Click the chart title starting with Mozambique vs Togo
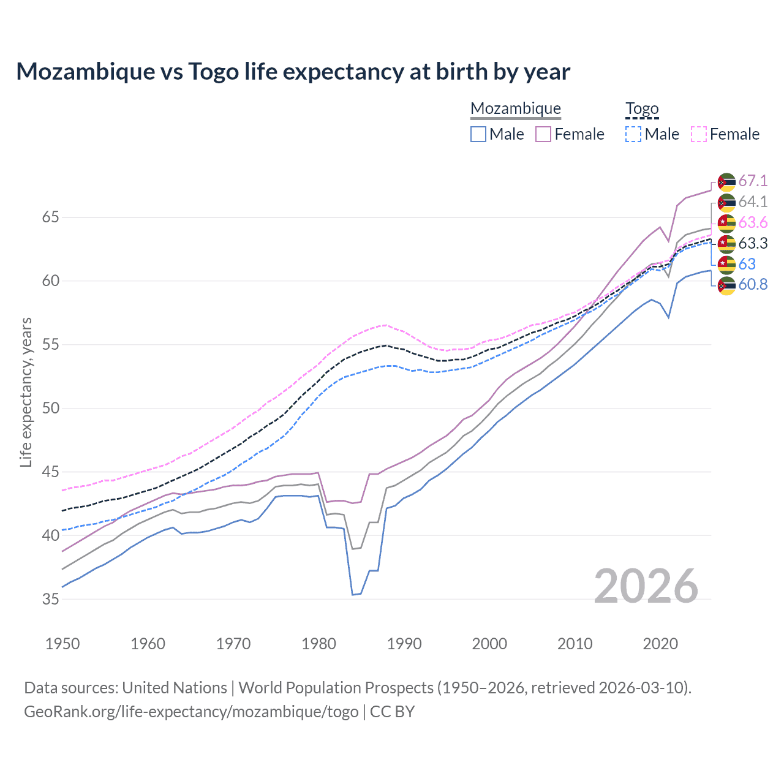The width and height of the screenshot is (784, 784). click(x=293, y=72)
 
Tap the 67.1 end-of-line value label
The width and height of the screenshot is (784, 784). click(x=753, y=181)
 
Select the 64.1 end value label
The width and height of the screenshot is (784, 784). click(x=753, y=202)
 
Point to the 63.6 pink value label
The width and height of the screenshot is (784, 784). click(x=753, y=222)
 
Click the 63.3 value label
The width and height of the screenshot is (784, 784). click(x=753, y=243)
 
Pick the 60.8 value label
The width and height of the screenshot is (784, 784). click(x=753, y=284)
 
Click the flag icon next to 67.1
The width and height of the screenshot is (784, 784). click(x=726, y=182)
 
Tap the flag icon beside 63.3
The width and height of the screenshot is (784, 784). click(x=726, y=244)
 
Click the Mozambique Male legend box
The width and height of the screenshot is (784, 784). click(x=478, y=134)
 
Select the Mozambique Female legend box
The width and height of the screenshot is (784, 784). click(x=543, y=134)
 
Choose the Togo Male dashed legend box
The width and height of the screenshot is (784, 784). click(x=633, y=134)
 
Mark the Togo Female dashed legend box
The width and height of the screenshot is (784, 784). click(x=699, y=134)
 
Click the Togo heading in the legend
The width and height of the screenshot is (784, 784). click(x=642, y=109)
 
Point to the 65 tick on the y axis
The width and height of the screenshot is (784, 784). click(x=51, y=217)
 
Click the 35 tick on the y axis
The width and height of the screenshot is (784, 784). click(x=51, y=599)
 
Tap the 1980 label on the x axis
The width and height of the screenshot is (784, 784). click(x=318, y=644)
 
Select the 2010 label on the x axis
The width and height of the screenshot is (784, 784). click(x=575, y=644)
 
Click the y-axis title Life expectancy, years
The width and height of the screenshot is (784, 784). click(x=26, y=392)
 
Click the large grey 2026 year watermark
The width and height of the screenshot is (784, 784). click(x=646, y=586)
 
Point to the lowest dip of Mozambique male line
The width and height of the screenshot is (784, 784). click(x=353, y=594)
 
